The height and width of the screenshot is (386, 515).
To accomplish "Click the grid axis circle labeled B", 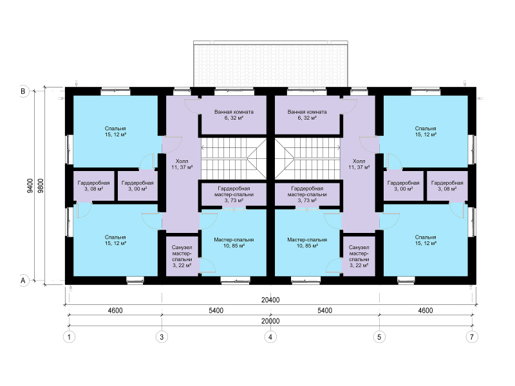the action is click(x=23, y=91).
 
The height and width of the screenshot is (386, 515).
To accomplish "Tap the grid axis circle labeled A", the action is click(x=23, y=280).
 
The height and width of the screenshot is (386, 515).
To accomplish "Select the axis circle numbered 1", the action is click(x=69, y=336).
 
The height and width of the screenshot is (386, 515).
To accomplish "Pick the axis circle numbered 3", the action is click(x=162, y=336).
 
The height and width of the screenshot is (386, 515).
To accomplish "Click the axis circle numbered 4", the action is click(x=270, y=336).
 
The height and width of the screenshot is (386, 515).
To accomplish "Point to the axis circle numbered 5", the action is click(x=379, y=336).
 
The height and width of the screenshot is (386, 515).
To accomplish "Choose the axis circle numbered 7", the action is click(x=472, y=336).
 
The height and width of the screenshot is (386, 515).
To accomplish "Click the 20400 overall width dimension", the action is click(x=270, y=300).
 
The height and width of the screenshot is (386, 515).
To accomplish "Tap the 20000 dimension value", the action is click(x=270, y=321).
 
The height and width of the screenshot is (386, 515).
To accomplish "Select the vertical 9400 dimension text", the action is click(x=30, y=185).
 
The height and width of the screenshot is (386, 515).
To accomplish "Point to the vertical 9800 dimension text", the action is click(x=41, y=185).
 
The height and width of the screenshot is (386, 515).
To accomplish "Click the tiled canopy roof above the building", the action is click(x=270, y=64).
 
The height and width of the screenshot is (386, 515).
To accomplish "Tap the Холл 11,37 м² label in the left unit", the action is click(x=182, y=164).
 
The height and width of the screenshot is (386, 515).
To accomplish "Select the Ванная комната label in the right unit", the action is click(x=307, y=112).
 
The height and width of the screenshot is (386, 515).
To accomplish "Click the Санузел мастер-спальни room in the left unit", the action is click(x=182, y=256).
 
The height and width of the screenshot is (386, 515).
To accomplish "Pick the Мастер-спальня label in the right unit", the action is click(x=307, y=240).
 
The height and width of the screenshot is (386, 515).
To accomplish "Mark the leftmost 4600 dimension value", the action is click(x=115, y=311).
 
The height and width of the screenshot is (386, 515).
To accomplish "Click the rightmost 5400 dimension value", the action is click(x=324, y=311).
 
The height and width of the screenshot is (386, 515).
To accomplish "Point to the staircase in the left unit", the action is click(x=234, y=158).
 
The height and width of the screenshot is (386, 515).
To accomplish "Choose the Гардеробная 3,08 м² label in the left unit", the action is click(x=93, y=186).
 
